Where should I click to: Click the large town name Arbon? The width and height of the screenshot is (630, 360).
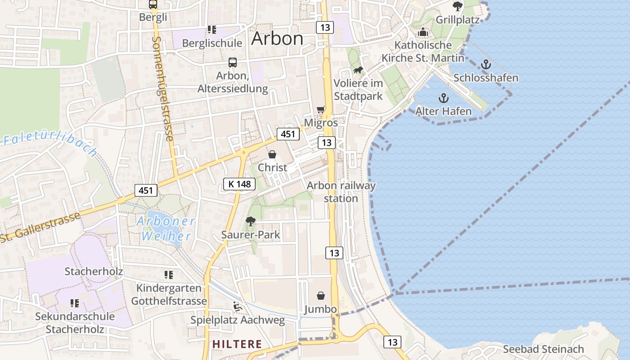pyautogui.click(x=277, y=39)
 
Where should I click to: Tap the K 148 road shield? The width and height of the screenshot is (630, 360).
pyautogui.click(x=239, y=184)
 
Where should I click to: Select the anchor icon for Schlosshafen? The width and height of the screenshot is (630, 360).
pyautogui.click(x=486, y=65)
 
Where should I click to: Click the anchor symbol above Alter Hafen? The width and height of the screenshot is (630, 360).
pyautogui.click(x=444, y=98)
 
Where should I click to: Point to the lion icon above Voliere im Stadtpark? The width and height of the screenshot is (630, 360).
pyautogui.click(x=359, y=70)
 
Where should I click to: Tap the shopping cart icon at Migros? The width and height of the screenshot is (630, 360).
pyautogui.click(x=321, y=109)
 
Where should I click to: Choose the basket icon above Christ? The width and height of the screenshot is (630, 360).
pyautogui.click(x=272, y=154)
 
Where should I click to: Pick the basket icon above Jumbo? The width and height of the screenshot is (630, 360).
pyautogui.click(x=321, y=296)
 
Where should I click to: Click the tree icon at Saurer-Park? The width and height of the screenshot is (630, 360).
pyautogui.click(x=250, y=221)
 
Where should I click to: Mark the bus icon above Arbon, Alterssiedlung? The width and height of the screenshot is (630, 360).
pyautogui.click(x=233, y=63)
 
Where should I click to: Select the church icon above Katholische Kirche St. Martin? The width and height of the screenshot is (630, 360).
pyautogui.click(x=423, y=32)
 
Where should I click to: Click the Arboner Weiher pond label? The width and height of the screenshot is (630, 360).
pyautogui.click(x=166, y=229)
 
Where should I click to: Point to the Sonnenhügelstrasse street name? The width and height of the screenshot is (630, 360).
pyautogui.click(x=162, y=89)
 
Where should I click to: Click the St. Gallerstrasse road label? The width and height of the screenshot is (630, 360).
pyautogui.click(x=40, y=228)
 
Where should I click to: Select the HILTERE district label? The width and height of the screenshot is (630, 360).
pyautogui.click(x=237, y=344)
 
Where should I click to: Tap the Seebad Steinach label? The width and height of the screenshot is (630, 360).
pyautogui.click(x=543, y=349)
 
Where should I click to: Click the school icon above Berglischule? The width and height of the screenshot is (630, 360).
pyautogui.click(x=211, y=30)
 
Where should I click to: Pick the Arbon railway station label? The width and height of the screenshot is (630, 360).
pyautogui.click(x=341, y=192)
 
